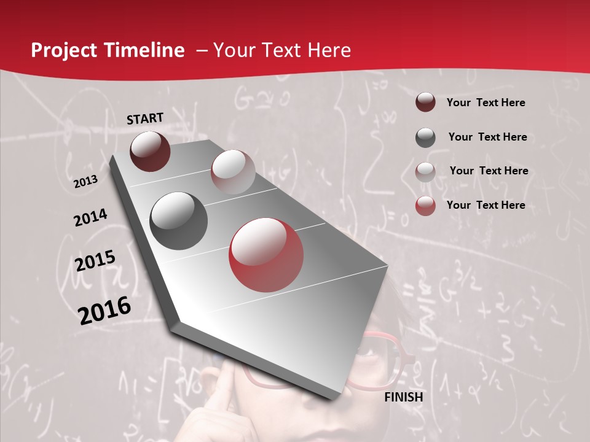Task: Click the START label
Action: (x=145, y=118)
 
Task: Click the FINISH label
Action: (x=404, y=397)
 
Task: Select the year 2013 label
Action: (x=85, y=182)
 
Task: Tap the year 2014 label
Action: (x=91, y=218)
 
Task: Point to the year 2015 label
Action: (x=95, y=261)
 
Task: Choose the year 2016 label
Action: (x=104, y=311)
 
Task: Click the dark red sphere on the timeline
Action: (x=150, y=152)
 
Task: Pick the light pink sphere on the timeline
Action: (x=233, y=172)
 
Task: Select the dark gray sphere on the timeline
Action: (x=179, y=221)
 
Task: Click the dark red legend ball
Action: (x=425, y=103)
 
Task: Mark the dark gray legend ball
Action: (x=425, y=138)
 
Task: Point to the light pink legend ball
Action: (x=425, y=171)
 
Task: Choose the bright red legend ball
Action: (x=425, y=206)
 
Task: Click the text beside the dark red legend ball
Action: (x=486, y=103)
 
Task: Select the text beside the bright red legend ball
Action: (x=486, y=205)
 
